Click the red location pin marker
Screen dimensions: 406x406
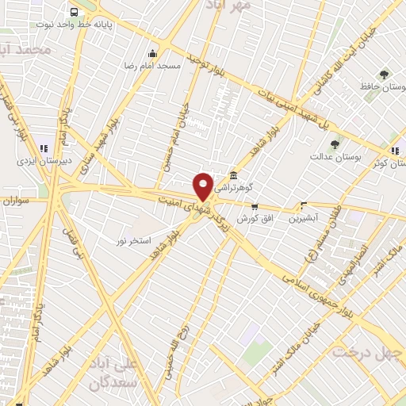click(x=204, y=186)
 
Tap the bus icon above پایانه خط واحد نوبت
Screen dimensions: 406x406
click(x=74, y=12)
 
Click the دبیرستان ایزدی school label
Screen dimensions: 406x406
click(x=45, y=159)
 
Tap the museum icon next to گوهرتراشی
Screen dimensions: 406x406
click(x=233, y=176)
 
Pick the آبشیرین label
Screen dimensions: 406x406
click(x=303, y=216)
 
